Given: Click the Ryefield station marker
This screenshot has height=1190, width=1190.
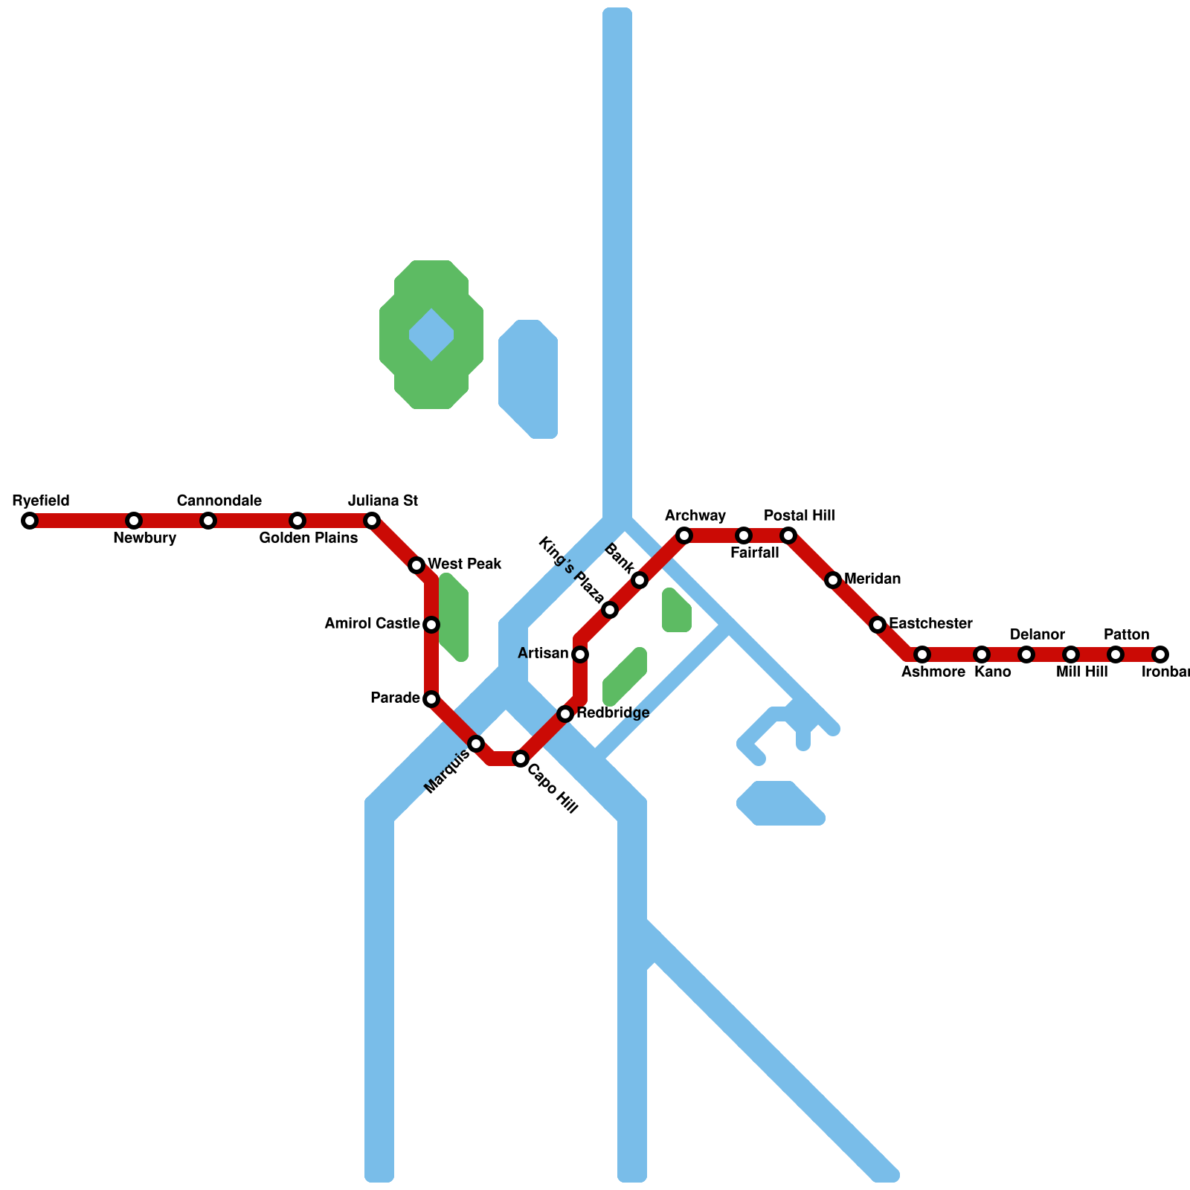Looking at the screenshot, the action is pos(30,521).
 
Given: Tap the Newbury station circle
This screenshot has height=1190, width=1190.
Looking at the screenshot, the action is pos(134,521).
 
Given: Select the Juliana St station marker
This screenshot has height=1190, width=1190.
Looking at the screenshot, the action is pos(372,521).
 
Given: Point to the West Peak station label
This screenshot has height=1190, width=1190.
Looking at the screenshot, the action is pos(464,565).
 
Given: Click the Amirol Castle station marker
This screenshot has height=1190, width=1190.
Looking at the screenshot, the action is pos(431,625).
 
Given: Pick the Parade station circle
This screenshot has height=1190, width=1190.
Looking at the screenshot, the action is pos(431,699).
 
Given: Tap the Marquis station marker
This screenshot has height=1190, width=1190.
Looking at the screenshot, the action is pos(476,744).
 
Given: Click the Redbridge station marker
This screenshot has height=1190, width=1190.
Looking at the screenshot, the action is pos(565,714).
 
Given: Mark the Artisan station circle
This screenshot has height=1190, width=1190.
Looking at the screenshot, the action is pos(580,654).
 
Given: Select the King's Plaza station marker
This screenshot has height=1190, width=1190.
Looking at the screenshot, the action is pos(610,610).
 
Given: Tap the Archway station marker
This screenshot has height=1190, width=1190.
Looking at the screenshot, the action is pos(684,535).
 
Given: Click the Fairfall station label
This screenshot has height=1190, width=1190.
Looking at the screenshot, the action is pos(754,553).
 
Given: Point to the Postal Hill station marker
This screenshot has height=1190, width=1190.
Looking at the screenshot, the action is pos(788,535).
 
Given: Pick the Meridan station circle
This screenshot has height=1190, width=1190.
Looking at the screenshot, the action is pos(833,580).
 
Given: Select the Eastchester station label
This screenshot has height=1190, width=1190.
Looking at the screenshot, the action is pos(930,623).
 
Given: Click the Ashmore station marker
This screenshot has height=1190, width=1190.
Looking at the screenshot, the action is pos(922,654).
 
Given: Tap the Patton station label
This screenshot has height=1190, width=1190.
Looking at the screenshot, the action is pos(1126,635).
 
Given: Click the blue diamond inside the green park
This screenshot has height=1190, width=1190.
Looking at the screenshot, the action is pos(431,335).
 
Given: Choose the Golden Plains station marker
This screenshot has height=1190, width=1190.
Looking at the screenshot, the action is pos(297,521).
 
